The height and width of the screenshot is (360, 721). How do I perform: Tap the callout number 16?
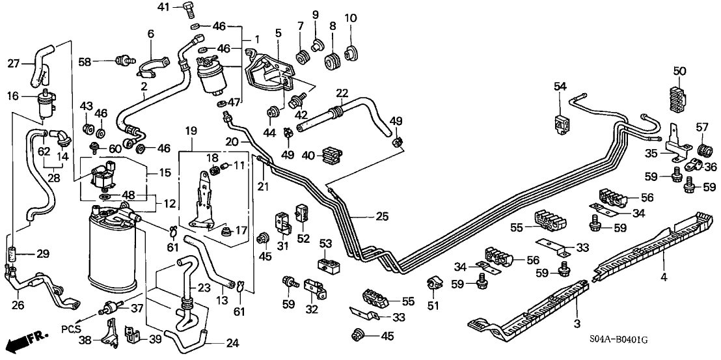(13, 96)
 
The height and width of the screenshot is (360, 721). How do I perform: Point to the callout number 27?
(14, 63)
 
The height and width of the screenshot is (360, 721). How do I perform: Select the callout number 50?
(680, 70)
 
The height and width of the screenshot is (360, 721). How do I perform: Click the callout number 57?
(703, 126)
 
